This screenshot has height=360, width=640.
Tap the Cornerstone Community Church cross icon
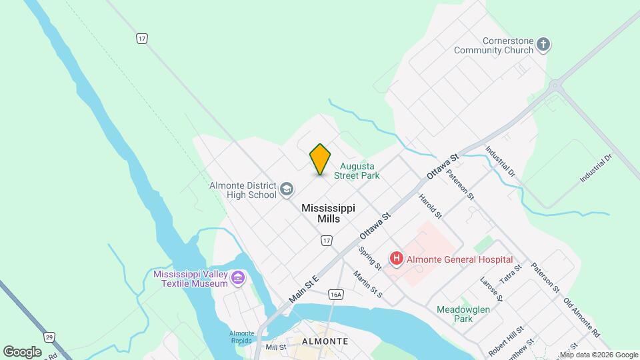(x=543, y=45)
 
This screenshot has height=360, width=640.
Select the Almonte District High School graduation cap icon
(x=287, y=190)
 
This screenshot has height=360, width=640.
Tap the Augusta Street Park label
(x=359, y=171)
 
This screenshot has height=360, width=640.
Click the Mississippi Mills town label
(x=328, y=213)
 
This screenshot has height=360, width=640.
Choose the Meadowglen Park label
(x=455, y=314)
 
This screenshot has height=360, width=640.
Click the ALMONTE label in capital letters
(x=325, y=341)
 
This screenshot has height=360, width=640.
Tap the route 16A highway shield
(x=335, y=294)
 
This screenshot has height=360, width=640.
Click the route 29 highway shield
(x=49, y=337)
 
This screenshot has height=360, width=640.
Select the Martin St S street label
(x=367, y=285)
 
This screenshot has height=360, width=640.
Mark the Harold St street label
(x=430, y=207)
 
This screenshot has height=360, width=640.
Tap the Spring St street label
(x=369, y=259)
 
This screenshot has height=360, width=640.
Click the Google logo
(x=21, y=351)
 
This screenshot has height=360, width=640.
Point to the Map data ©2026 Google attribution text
(x=599, y=355)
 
